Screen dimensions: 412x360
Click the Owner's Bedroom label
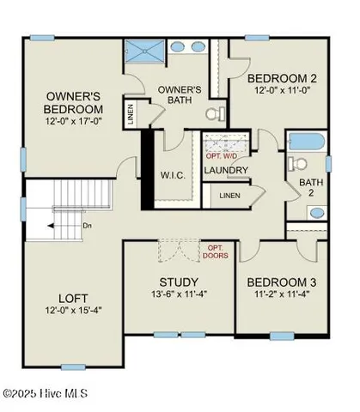click(76, 102)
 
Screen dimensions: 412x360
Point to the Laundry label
click(226, 170)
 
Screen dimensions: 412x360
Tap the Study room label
click(180, 282)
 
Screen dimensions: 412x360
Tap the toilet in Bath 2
click(296, 164)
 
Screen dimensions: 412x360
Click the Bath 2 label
click(308, 187)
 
